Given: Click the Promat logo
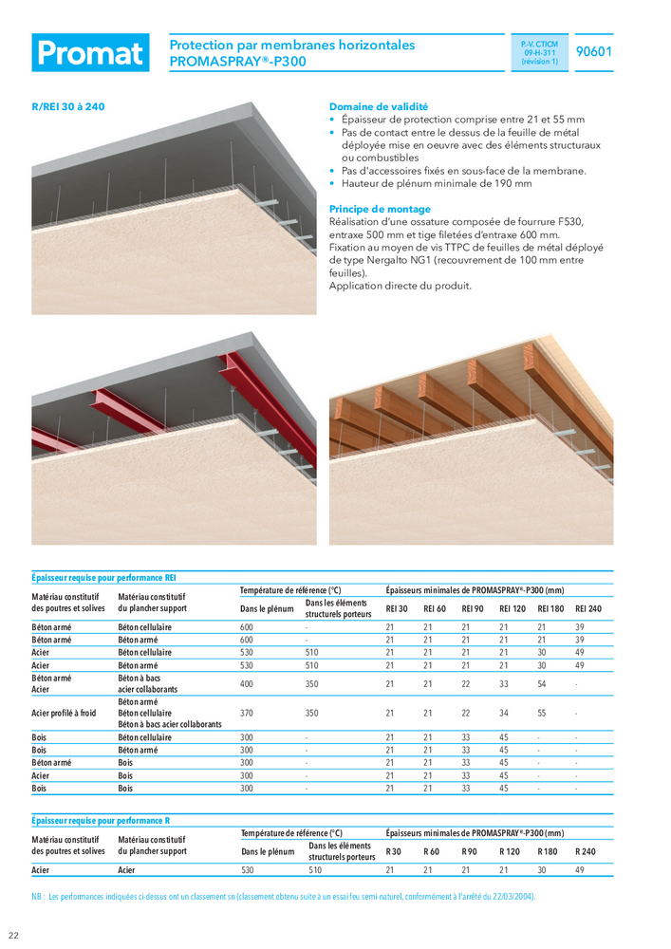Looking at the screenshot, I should (x=90, y=53).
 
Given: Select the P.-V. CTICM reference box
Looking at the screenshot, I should (x=539, y=53).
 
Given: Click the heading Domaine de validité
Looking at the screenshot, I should (x=378, y=107).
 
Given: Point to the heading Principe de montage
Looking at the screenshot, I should (x=380, y=209).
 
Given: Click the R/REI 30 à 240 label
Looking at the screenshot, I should (x=68, y=107).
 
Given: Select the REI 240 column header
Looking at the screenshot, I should (x=588, y=608).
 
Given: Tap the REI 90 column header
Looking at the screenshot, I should (x=473, y=608).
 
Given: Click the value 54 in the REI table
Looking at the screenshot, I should (x=543, y=683).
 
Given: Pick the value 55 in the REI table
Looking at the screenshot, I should (x=543, y=713).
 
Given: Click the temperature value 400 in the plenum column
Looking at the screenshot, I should (x=247, y=683).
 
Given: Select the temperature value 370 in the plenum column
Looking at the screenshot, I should (x=247, y=713).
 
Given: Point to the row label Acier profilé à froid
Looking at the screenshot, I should (x=65, y=713).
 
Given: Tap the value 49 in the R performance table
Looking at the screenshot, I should (x=580, y=869).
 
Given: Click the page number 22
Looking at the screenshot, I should (x=14, y=936).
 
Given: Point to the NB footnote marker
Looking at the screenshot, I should (x=38, y=896).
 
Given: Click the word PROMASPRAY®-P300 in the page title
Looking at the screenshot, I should (x=237, y=62).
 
